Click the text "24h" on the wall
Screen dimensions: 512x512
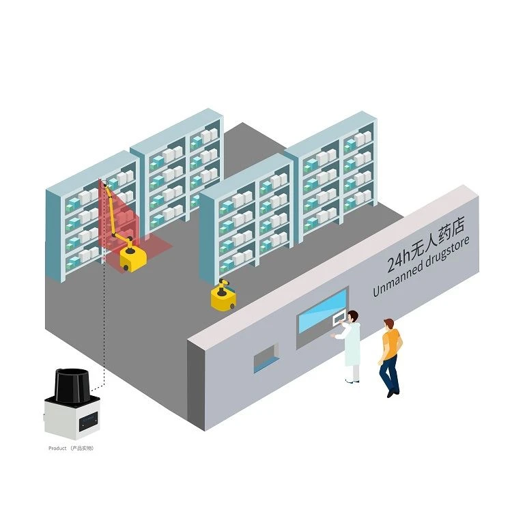(x=398, y=262)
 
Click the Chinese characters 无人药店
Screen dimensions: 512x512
(x=437, y=239)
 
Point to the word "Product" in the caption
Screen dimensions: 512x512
(x=57, y=449)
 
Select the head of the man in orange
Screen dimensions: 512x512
(x=388, y=324)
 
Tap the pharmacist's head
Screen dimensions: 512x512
(x=353, y=316)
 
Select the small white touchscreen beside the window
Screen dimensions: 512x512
(x=339, y=317)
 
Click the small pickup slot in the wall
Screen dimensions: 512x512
(x=266, y=358)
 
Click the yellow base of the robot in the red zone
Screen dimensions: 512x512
(x=133, y=259)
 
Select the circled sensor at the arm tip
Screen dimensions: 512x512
(x=105, y=184)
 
